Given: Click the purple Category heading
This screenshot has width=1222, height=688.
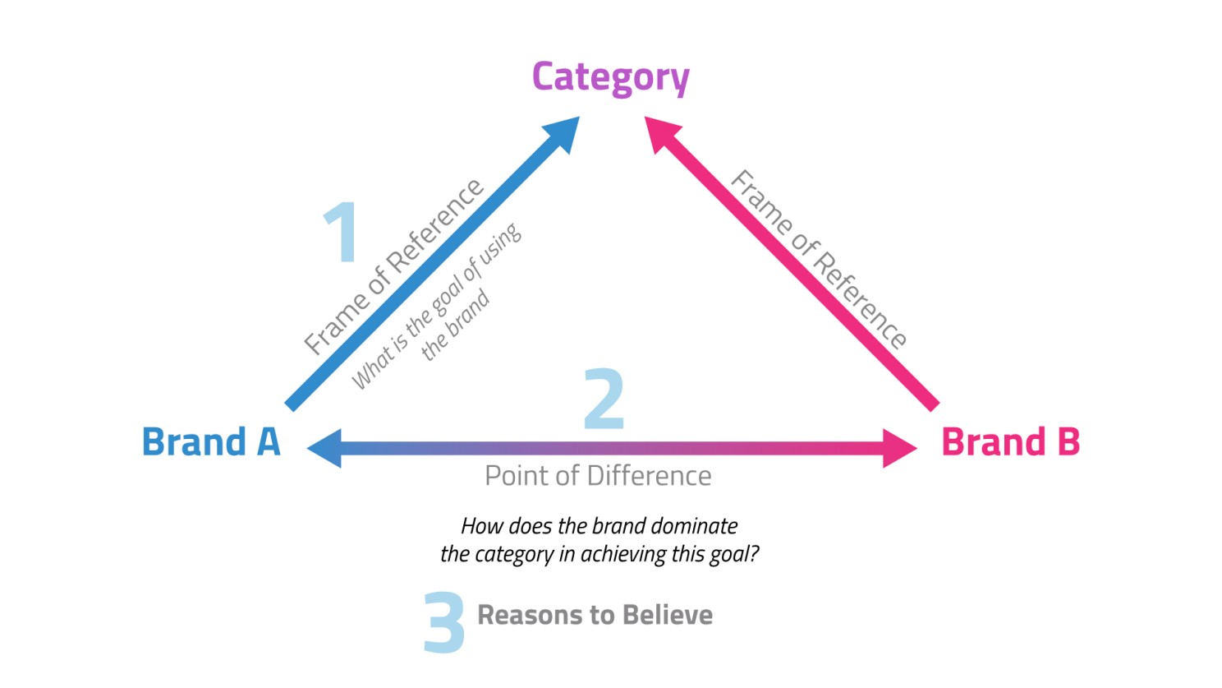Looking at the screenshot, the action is (x=611, y=78).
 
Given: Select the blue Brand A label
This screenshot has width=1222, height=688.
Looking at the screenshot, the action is (x=211, y=441).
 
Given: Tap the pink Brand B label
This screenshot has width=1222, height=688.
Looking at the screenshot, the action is (x=1011, y=441).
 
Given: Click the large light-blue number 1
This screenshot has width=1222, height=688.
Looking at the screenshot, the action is (x=342, y=232).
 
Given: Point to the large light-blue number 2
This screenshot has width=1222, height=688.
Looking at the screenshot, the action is (x=604, y=398).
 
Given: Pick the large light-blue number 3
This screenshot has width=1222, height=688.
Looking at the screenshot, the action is (x=444, y=622).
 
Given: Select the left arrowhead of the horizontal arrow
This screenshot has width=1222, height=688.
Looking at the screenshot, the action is (x=324, y=448).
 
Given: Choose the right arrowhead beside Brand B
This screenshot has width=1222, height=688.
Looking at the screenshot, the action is (x=900, y=448).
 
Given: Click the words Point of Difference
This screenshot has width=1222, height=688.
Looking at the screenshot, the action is (x=599, y=476).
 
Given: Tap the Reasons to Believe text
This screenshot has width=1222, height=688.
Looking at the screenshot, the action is (x=595, y=616).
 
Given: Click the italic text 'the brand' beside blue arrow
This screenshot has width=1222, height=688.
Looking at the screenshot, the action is (x=456, y=325).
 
